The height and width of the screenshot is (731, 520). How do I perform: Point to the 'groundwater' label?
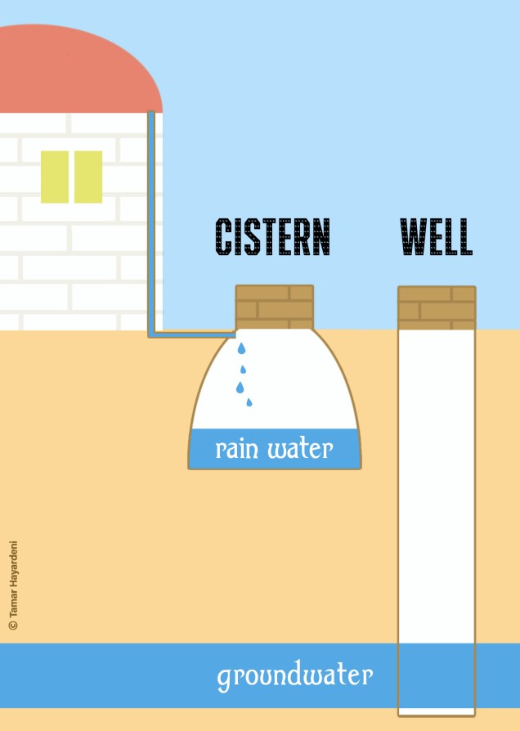pos(294,676)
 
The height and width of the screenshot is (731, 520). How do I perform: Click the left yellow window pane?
pos(55,177)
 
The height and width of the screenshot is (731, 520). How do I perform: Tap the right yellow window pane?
pos(88,177)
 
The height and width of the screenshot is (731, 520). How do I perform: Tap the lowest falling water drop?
pos(249,401)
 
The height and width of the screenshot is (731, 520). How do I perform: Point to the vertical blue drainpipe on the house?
pos(151,221)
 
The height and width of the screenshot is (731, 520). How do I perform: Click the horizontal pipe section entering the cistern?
pos(192,334)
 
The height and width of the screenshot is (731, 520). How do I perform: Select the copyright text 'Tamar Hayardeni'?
pos(13,585)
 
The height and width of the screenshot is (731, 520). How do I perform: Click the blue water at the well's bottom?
pos(437,675)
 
